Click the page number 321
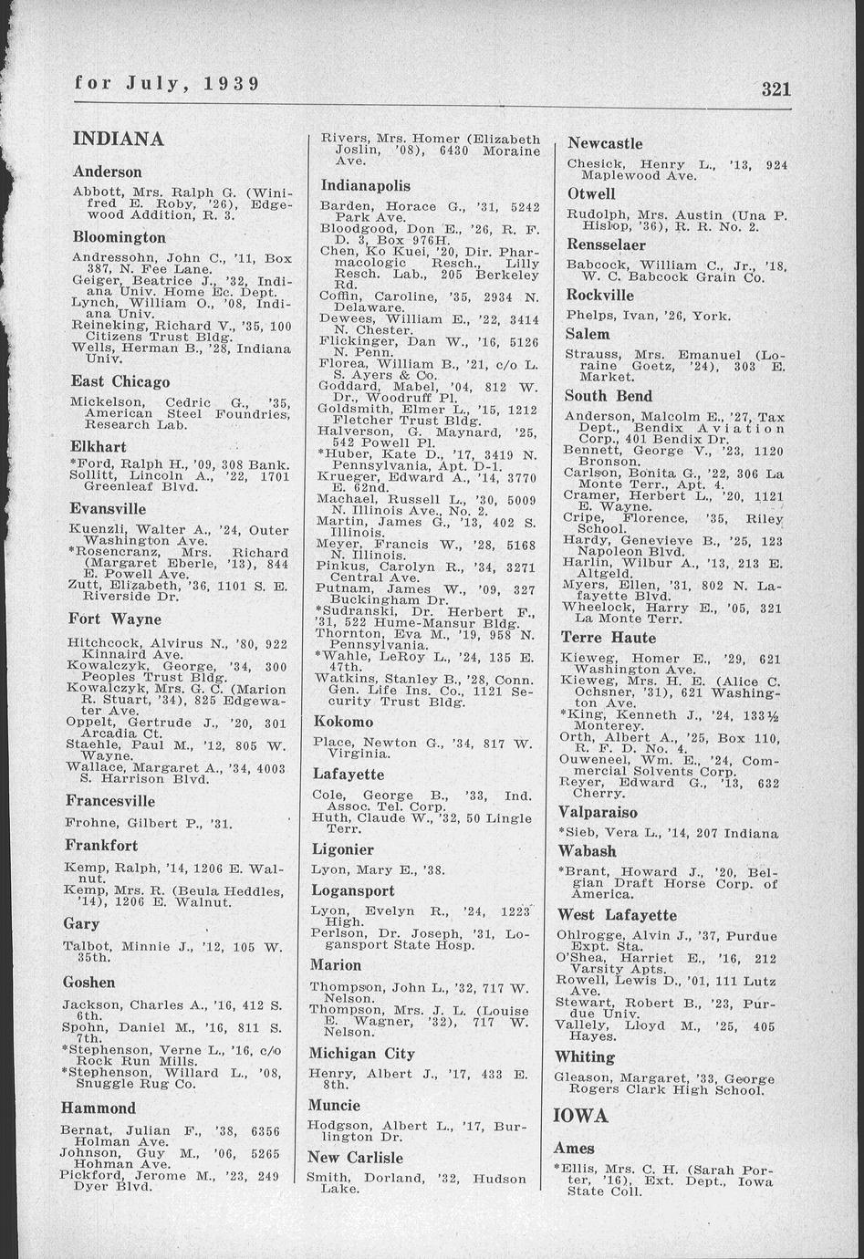776,88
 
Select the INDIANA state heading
119,140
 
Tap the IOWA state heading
580,1117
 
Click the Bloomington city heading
119,237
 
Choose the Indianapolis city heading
365,185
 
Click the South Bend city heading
609,396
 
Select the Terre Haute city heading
608,638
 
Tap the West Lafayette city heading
617,915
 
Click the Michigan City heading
362,1054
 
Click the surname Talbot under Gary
85,946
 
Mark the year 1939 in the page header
232,84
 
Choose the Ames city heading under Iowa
574,1149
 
